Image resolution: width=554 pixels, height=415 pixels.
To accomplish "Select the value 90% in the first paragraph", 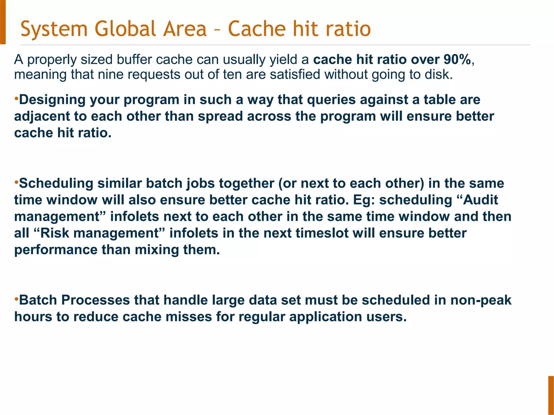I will pos(457,59).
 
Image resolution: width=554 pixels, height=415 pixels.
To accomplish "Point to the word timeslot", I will pos(322,233).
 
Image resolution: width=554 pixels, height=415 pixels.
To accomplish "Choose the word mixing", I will pos(157,250).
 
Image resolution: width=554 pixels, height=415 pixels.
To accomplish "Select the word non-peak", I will pos(481,300).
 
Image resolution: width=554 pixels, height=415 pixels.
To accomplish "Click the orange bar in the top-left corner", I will pos(3,22).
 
